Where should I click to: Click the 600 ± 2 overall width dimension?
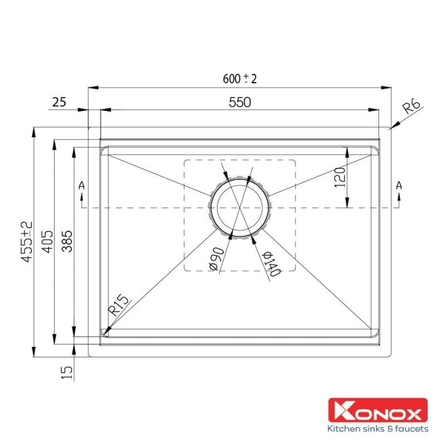(239, 79)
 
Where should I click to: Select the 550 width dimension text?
(240, 101)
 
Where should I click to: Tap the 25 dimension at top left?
(59, 102)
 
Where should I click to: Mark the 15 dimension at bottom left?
(66, 372)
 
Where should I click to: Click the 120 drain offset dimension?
(342, 177)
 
